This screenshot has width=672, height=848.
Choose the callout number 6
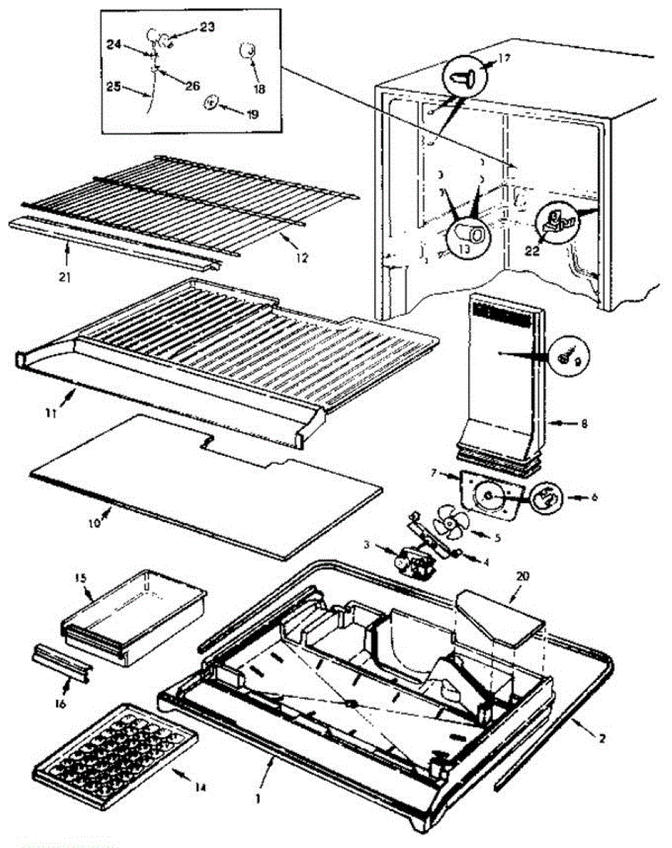[x=593, y=497]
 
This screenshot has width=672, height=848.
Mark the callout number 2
[x=601, y=739]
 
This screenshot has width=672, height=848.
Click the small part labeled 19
[x=210, y=103]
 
